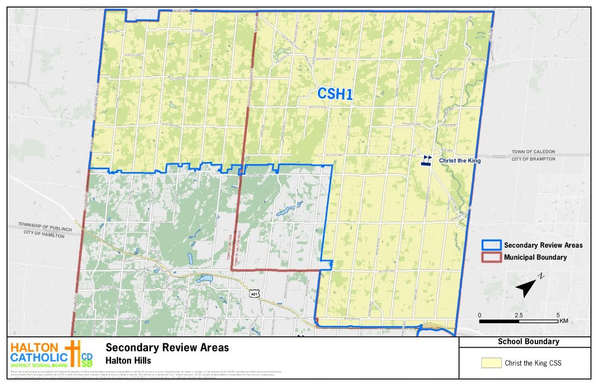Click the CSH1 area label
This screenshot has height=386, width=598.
[335, 95]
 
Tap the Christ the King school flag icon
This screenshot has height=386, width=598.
[427, 160]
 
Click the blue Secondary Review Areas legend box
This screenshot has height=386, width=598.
[491, 245]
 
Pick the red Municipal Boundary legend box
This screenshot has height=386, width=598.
[491, 257]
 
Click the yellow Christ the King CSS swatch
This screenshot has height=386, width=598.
[491, 363]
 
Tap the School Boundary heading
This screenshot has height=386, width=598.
[528, 342]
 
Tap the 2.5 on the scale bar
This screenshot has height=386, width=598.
[519, 315]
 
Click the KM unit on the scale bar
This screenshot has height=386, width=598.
[564, 321]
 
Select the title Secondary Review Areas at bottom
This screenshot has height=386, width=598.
[167, 348]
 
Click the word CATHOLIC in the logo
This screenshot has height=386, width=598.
[39, 357]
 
